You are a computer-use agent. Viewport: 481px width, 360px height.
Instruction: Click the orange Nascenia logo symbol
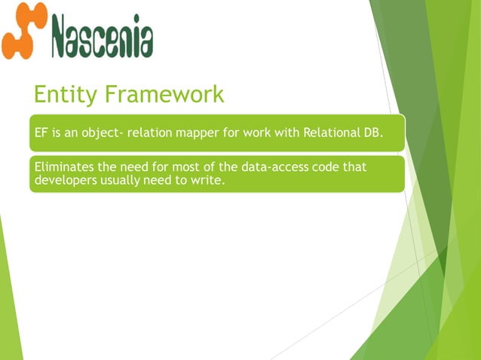24,31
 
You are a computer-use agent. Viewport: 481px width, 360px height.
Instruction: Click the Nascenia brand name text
102,35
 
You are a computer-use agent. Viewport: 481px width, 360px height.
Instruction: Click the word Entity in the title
66,95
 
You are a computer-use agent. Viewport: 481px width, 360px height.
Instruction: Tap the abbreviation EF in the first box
41,133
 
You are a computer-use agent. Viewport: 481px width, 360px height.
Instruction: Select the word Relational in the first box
330,133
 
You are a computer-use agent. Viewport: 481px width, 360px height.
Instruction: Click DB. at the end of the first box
374,133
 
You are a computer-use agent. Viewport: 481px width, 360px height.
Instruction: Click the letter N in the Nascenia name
63,35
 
